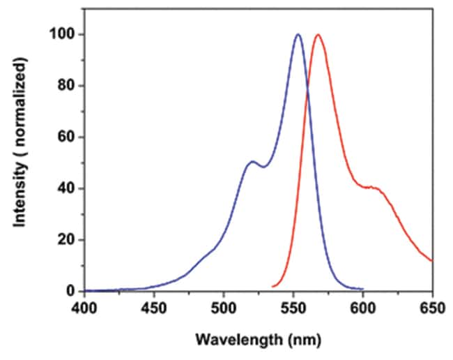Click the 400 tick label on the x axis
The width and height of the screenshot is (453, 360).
[x=84, y=306]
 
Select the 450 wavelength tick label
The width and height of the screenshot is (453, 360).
[x=154, y=306]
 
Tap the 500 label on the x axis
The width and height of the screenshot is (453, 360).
[x=224, y=306]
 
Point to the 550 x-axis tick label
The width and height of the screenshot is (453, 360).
[x=293, y=306]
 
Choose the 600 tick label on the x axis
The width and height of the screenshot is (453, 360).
[x=363, y=306]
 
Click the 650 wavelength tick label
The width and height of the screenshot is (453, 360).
[x=433, y=306]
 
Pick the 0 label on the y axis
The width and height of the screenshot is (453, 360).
[x=70, y=291]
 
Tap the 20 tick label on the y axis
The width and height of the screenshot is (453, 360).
[x=67, y=240]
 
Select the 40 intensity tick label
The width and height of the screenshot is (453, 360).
[x=67, y=188]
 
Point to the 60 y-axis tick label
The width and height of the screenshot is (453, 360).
[x=67, y=137]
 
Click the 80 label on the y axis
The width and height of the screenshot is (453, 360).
[x=67, y=86]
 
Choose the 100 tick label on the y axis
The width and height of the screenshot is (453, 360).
[x=64, y=35]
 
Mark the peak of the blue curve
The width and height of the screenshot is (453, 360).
[x=298, y=34]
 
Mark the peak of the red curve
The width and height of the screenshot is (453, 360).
[x=318, y=34]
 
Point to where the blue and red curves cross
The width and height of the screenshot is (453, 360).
[x=308, y=87]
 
